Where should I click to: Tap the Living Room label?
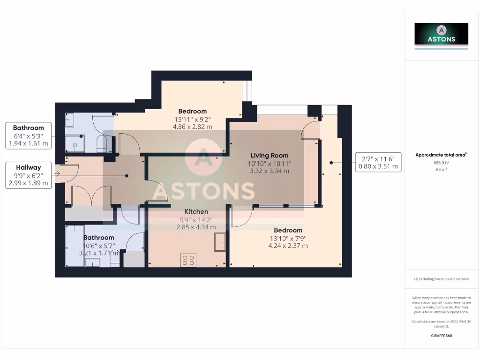pyautogui.click(x=270, y=156)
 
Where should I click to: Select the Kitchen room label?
pyautogui.click(x=196, y=212)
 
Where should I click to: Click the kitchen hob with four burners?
pyautogui.click(x=188, y=260)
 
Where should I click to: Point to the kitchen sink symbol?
pyautogui.click(x=220, y=242)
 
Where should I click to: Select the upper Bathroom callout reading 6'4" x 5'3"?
pyautogui.click(x=29, y=136)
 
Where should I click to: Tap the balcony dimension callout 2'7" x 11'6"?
pyautogui.click(x=378, y=162)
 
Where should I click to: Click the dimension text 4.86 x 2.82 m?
pyautogui.click(x=192, y=127)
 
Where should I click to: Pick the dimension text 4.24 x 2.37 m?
pyautogui.click(x=288, y=246)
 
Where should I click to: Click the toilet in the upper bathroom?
pyautogui.click(x=102, y=144)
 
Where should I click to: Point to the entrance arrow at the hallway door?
pyautogui.click(x=57, y=174)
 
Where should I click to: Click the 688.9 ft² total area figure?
pyautogui.click(x=441, y=163)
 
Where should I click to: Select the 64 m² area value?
pyautogui.click(x=441, y=169)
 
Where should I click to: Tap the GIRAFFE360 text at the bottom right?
pyautogui.click(x=441, y=336)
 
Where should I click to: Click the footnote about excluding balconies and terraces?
pyautogui.click(x=441, y=279)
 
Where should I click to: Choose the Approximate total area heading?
pyautogui.click(x=441, y=155)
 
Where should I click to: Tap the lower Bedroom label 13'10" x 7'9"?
pyautogui.click(x=288, y=231)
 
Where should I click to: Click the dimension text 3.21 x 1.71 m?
pyautogui.click(x=98, y=253)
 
